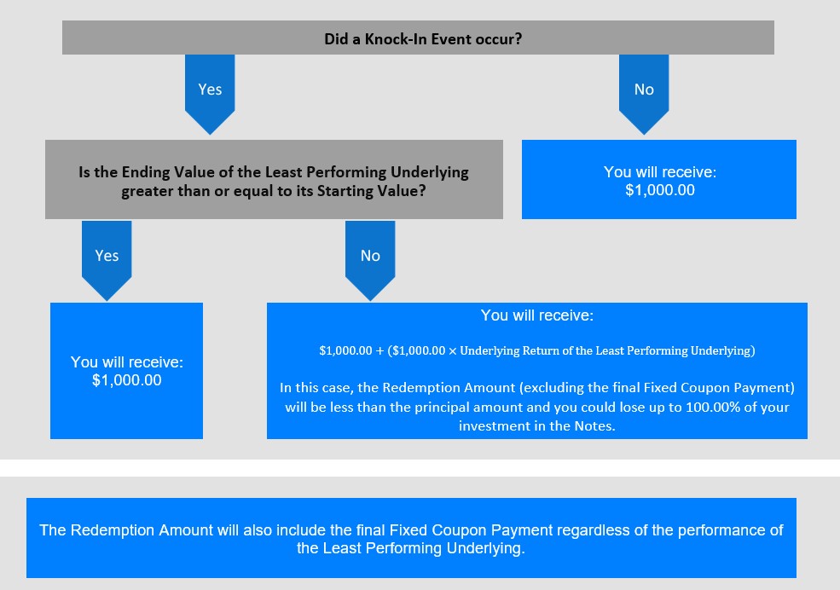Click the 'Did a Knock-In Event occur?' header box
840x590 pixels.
418,38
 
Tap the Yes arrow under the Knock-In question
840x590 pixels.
210,94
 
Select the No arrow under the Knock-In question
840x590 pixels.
644,94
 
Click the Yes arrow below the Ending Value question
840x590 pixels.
107,260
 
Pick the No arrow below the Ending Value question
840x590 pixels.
370,260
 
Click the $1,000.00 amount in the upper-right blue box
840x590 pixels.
660,190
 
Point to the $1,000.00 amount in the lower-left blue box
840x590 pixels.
127,380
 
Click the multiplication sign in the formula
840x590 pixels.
453,350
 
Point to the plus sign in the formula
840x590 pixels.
379,350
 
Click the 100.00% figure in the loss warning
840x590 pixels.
712,407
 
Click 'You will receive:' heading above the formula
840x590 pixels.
536,315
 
